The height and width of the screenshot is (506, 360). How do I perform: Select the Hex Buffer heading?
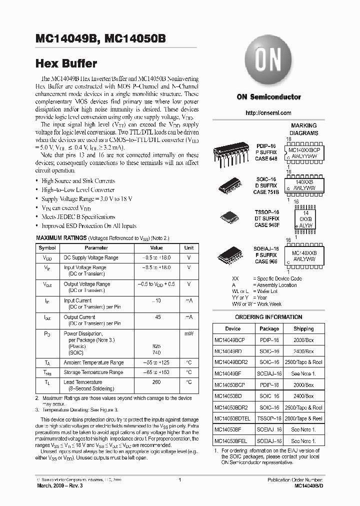(66, 63)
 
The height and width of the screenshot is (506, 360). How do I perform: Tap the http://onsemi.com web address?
(268, 113)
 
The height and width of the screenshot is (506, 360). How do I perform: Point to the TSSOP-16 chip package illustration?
(231, 218)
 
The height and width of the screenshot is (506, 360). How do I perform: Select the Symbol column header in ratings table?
(47, 248)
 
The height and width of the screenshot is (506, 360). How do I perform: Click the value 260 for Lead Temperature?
(156, 382)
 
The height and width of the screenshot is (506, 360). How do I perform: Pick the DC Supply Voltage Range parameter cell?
(90, 258)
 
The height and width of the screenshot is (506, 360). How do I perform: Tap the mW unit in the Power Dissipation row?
(188, 333)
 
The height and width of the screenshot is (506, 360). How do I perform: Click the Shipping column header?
(303, 329)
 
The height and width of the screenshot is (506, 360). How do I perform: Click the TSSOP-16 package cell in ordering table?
(269, 418)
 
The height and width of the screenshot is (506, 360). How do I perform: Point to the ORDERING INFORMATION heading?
(268, 317)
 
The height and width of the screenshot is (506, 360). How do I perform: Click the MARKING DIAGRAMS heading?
(303, 129)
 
